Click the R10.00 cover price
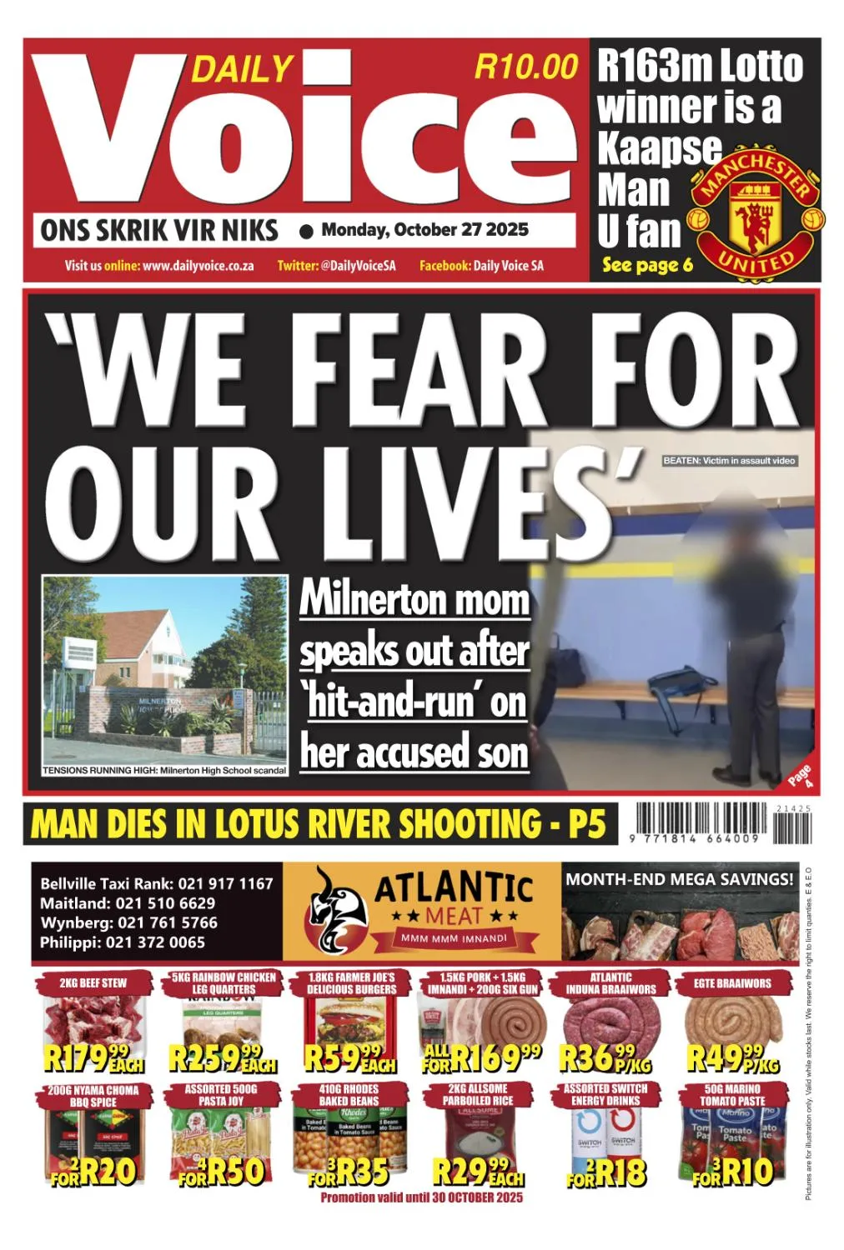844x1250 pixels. pos(525,67)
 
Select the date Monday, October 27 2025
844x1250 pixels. pos(425,230)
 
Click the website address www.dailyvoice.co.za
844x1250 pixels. pos(198,266)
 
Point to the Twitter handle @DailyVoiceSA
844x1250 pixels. pos(362,266)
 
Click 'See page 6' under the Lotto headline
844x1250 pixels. pos(647,265)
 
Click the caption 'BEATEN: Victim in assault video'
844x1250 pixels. pos(729,461)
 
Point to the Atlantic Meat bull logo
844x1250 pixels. pos(334,911)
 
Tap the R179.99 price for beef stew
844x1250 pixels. pos(93,1058)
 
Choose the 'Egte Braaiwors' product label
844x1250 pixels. pos(732,983)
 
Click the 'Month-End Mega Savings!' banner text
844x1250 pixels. pos(679,879)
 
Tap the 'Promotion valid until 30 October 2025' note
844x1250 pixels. pos(421,1197)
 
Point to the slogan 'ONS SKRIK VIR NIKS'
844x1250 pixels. pos(159,230)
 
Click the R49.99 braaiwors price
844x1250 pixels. pos(732,1058)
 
